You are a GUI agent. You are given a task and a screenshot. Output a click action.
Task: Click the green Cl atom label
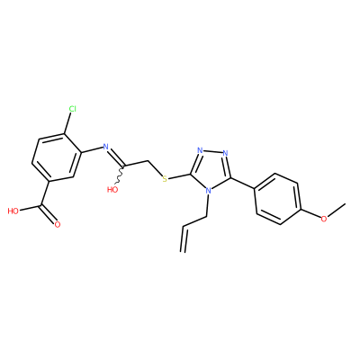[x=72, y=109]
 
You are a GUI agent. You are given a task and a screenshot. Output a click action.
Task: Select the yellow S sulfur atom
[x=164, y=179]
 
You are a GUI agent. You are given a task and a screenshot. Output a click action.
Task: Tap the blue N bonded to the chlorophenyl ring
[x=105, y=147]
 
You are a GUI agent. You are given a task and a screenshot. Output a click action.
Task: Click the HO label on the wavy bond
[x=112, y=189]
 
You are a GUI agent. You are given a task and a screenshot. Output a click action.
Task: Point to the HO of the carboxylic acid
[x=13, y=211]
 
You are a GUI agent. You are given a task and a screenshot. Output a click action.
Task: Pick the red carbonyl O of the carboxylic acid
[x=58, y=224]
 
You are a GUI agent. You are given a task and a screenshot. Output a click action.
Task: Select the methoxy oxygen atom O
[x=324, y=219]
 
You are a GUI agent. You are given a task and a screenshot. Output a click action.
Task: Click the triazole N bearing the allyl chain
[x=208, y=191]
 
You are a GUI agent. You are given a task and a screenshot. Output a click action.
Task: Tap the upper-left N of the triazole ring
[x=200, y=150]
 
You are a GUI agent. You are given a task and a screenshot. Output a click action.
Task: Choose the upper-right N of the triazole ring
[x=226, y=153]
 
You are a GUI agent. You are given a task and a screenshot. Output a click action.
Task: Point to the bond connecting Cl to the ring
[x=67, y=123]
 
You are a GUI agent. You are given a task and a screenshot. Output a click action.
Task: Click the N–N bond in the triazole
[x=213, y=151]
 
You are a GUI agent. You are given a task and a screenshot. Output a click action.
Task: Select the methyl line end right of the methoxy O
[x=345, y=204]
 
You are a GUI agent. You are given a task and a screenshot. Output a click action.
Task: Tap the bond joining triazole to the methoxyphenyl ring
[x=243, y=183]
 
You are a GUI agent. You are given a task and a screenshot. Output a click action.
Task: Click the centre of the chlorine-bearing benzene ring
[x=57, y=157]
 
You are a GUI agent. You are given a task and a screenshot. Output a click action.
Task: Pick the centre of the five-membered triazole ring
[x=211, y=169]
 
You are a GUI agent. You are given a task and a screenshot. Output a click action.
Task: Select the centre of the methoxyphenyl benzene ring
[x=277, y=199]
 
